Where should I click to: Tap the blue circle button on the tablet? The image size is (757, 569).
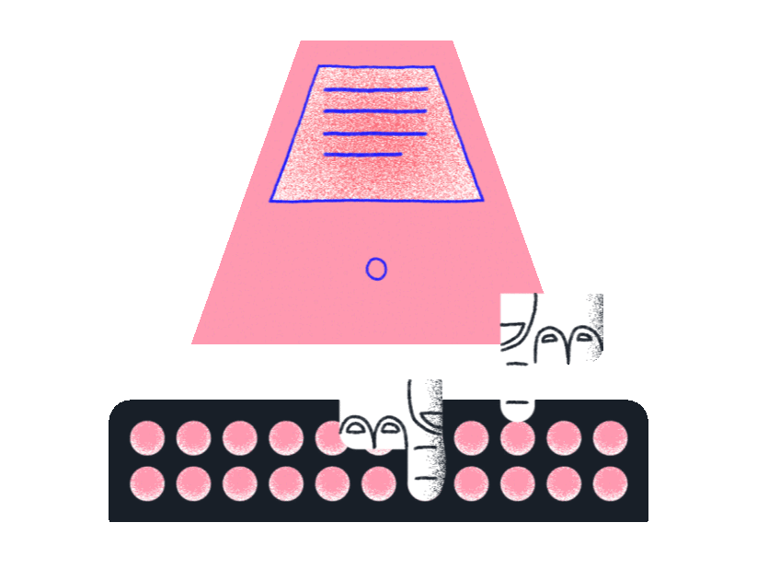click(376, 268)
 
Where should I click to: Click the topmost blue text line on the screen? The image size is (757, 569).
click(375, 90)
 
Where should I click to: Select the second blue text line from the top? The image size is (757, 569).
click(375, 111)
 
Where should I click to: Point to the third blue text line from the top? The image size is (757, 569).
click(375, 134)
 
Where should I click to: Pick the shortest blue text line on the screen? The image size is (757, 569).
click(362, 155)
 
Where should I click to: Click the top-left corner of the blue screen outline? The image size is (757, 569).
click(317, 66)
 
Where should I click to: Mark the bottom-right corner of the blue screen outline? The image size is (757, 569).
click(482, 199)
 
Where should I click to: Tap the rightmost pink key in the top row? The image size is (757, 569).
click(610, 437)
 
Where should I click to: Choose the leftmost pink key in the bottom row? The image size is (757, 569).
click(146, 483)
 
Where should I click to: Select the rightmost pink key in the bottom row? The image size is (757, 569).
click(610, 483)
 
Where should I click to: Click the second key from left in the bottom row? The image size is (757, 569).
click(193, 483)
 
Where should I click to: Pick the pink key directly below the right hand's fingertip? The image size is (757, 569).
click(518, 437)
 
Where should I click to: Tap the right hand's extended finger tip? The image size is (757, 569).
click(519, 411)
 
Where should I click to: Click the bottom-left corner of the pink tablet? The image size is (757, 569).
click(193, 343)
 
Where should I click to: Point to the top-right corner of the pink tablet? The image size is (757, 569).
click(453, 41)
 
